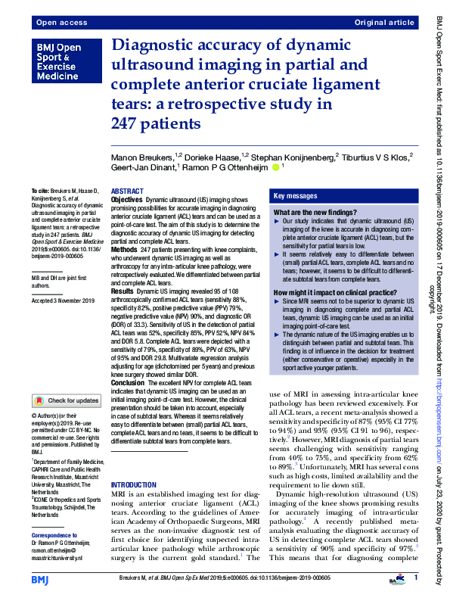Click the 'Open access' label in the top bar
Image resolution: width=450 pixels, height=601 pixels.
57,23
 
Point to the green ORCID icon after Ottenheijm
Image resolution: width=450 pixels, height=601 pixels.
276,167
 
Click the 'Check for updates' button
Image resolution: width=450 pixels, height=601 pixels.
66,400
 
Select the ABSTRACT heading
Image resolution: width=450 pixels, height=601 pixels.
128,192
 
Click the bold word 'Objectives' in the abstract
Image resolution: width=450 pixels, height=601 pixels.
127,200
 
